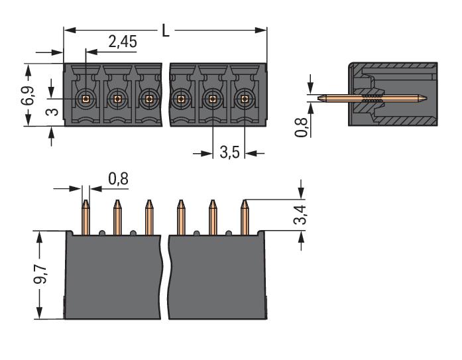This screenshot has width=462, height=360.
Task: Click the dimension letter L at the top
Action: pos(166,30)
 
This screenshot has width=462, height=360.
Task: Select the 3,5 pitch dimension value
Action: pos(229,153)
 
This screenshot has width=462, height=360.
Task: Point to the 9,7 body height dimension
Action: pos(39,273)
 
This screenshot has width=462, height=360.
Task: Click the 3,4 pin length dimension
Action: pos(302,214)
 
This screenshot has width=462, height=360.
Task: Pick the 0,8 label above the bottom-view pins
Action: pos(117,179)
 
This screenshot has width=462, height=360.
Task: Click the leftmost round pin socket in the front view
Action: pos(85,99)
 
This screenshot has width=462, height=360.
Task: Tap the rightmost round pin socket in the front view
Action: pos(245,99)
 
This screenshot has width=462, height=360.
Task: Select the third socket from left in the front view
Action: pos(148,99)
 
